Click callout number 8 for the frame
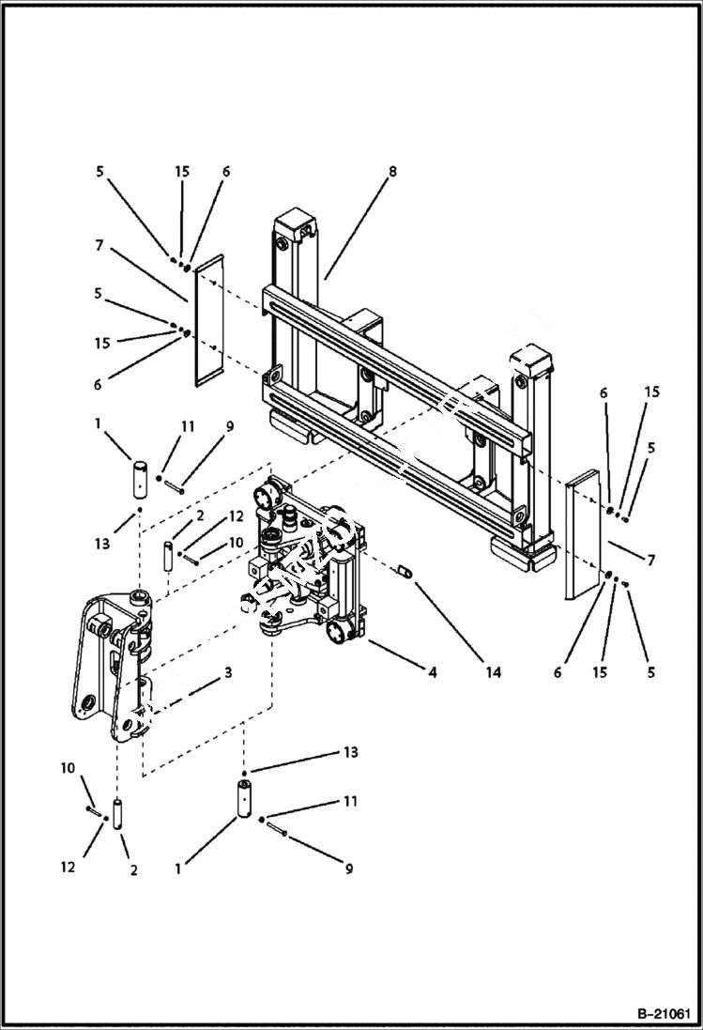tap(392, 172)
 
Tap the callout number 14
tap(495, 672)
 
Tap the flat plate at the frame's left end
tap(206, 319)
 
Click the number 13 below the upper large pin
tap(102, 544)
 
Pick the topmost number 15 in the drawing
tap(182, 172)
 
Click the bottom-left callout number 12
tap(68, 869)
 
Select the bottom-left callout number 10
tap(68, 768)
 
